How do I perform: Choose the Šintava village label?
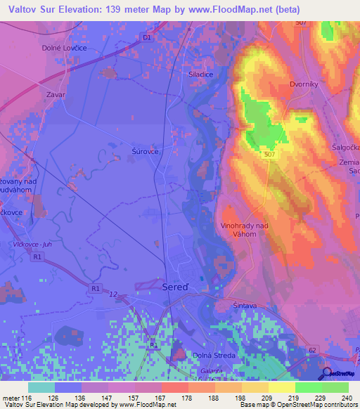pos(246,306)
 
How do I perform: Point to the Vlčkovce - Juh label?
pos(32,245)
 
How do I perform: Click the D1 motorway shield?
pos(146,37)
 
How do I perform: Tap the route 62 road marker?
pos(313,349)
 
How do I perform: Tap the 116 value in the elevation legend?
pos(28,397)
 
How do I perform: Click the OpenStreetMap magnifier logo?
pos(327,373)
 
